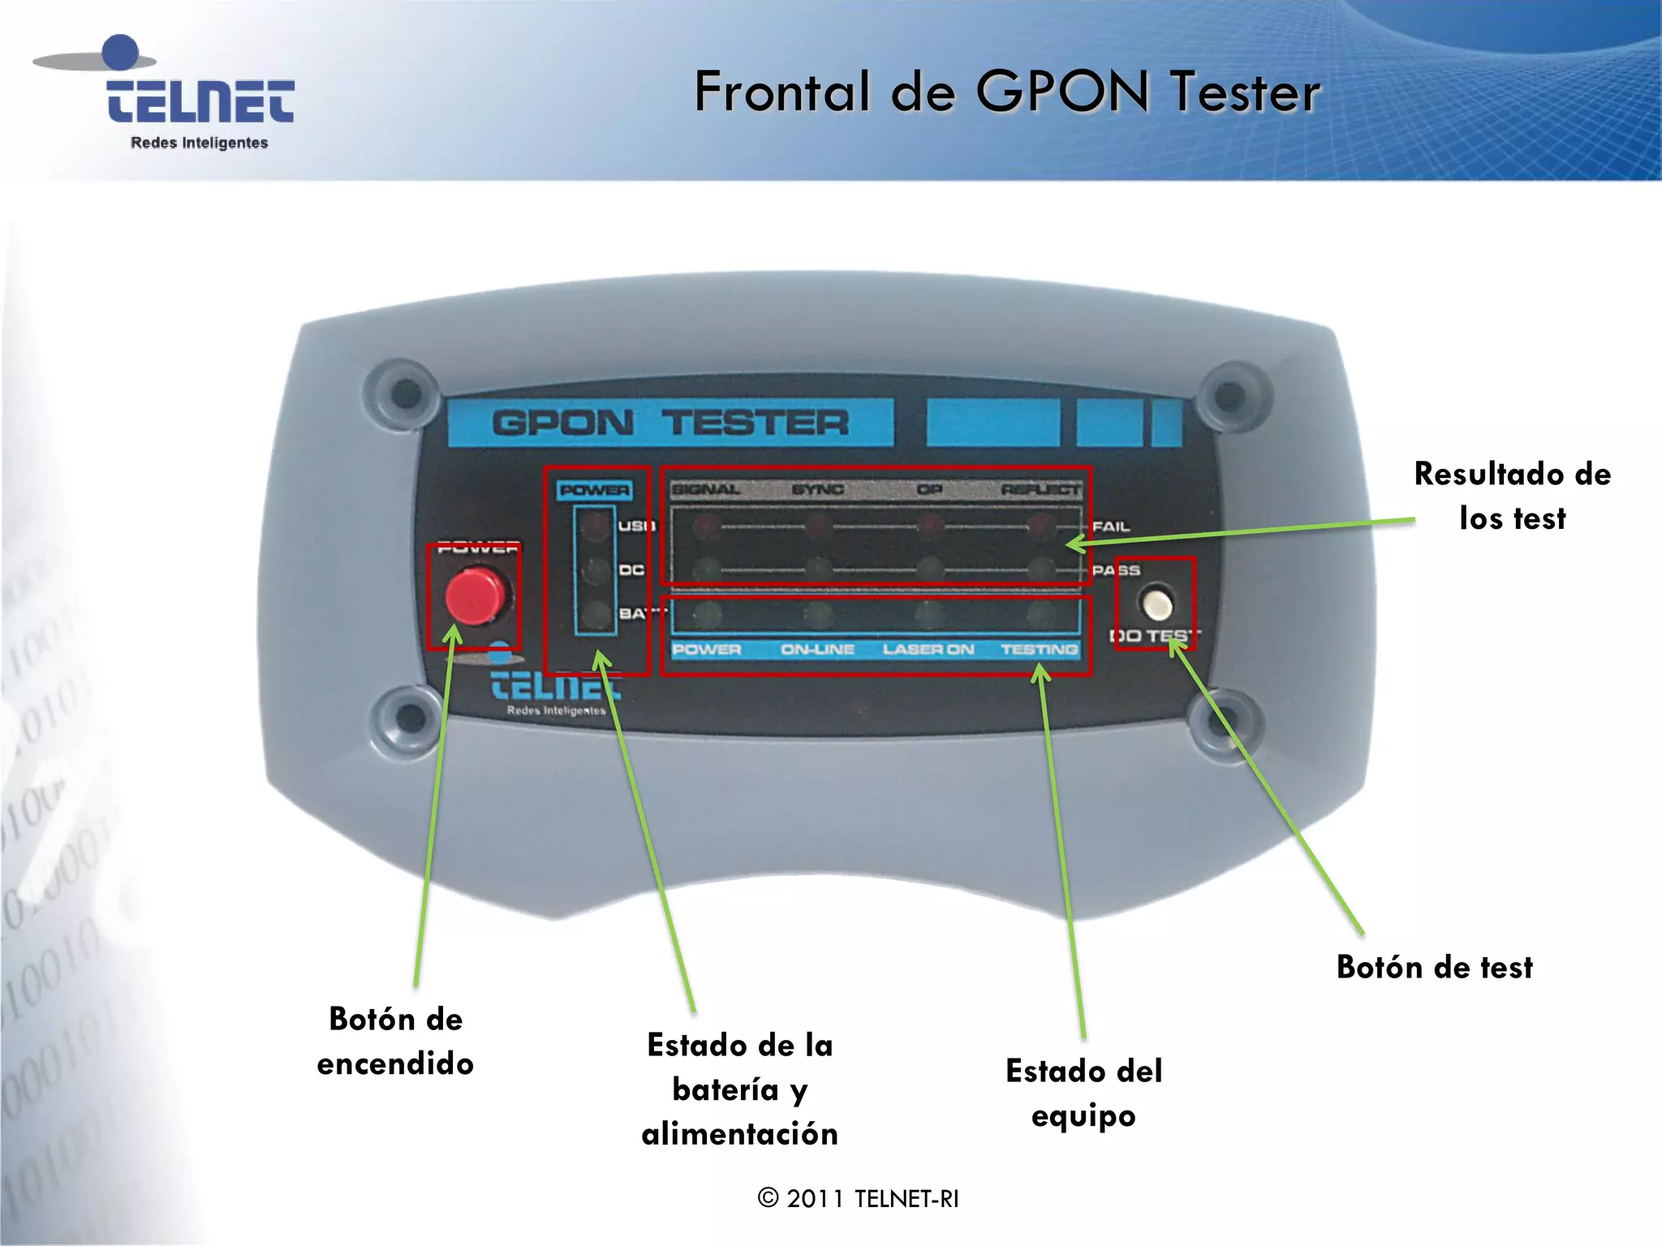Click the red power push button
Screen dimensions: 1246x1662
(475, 596)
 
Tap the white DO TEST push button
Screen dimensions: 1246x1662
(1156, 604)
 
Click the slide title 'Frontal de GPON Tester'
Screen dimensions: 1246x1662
(1007, 91)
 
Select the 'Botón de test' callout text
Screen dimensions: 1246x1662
(1435, 968)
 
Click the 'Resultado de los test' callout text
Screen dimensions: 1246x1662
(1512, 496)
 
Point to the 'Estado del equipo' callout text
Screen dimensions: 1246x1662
(1083, 1093)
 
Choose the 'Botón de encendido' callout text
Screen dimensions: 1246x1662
(395, 1041)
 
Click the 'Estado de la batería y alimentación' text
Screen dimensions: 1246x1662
(739, 1089)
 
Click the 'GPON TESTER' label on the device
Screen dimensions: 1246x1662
(670, 423)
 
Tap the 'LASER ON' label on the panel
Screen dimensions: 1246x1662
(928, 650)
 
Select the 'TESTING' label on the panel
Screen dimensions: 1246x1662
(1039, 650)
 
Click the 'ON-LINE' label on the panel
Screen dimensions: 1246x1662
(817, 650)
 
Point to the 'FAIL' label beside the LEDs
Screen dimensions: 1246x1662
(1111, 526)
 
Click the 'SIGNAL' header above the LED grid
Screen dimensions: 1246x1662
(706, 489)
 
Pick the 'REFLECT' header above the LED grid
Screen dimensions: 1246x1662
(1040, 489)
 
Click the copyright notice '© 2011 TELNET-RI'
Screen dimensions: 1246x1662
(858, 1198)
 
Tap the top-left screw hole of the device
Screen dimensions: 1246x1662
(405, 393)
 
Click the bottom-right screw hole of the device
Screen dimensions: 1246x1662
(1224, 720)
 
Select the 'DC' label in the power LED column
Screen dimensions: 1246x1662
(631, 570)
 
